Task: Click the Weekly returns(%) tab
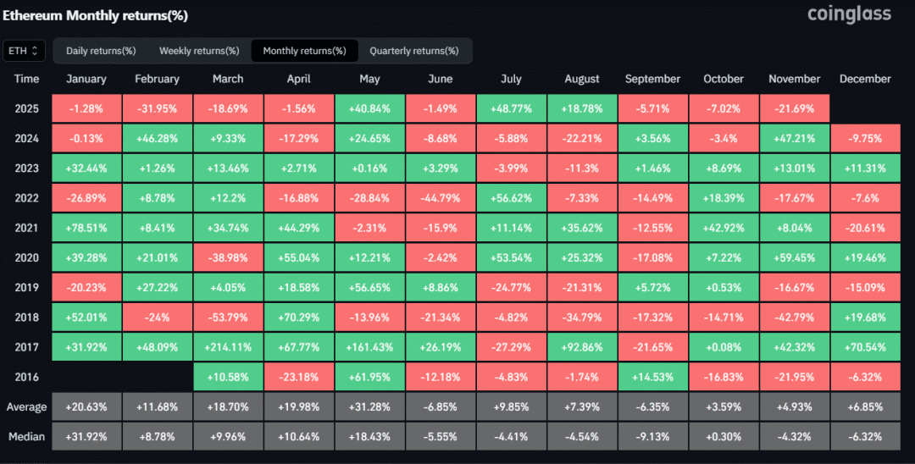199,51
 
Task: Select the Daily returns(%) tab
101,51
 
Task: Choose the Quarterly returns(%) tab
413,51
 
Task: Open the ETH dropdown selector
24,51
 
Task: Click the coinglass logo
849,14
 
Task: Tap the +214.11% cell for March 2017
228,347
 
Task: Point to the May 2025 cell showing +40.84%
369,108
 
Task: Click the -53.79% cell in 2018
228,318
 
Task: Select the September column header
652,79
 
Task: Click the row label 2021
27,228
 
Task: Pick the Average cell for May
369,406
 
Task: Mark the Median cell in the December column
865,436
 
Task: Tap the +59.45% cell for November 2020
794,257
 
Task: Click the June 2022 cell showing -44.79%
441,198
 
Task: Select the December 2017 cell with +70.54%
865,347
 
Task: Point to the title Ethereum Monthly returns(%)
96,15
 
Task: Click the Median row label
27,436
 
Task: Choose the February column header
157,79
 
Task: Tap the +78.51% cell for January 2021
86,228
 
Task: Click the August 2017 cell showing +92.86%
582,347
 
